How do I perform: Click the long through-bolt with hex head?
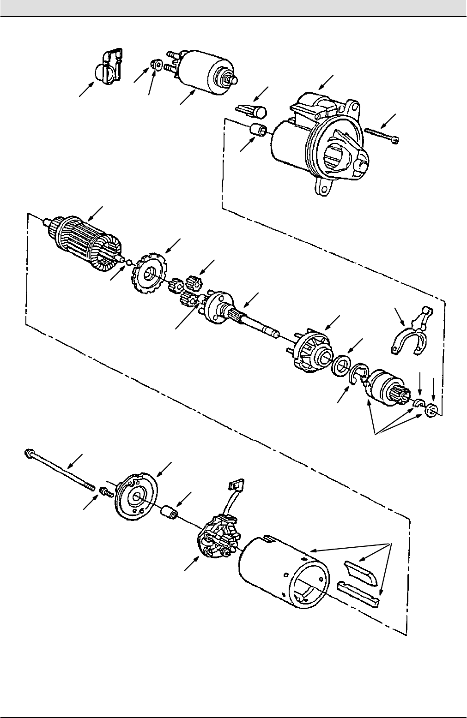pyautogui.click(x=60, y=468)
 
